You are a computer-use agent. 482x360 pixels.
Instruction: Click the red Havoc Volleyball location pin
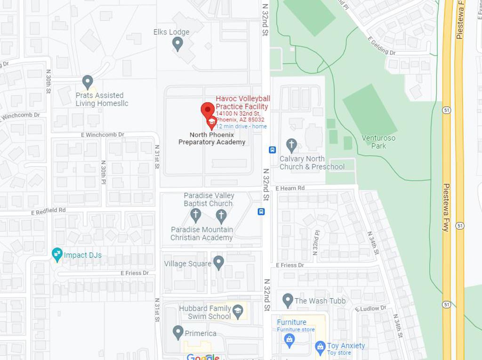[208, 111]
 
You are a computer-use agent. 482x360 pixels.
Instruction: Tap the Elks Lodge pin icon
[177, 44]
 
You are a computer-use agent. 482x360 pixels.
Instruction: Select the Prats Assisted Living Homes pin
[87, 82]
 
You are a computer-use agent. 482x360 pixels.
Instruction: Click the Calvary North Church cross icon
[291, 145]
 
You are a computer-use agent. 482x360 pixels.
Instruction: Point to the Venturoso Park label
[378, 142]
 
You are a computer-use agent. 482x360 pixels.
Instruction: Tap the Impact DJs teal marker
[57, 255]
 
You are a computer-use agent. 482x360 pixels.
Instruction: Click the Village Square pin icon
[218, 263]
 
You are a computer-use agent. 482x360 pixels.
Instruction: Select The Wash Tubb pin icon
[288, 300]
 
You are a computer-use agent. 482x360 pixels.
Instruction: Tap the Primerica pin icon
[178, 332]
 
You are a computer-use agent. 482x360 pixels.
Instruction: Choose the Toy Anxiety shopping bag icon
[320, 348]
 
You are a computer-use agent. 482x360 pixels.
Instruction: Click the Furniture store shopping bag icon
[289, 338]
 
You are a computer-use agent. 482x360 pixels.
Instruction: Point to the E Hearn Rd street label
[290, 188]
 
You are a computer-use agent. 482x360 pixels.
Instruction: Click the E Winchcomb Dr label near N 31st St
[103, 135]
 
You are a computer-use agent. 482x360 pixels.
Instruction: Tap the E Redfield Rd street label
[48, 211]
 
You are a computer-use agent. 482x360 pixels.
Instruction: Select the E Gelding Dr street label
[381, 46]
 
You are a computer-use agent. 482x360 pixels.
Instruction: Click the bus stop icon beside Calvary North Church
[272, 150]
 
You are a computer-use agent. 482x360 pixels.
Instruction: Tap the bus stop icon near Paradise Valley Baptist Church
[261, 212]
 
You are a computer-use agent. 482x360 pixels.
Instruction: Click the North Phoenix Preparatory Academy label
[212, 138]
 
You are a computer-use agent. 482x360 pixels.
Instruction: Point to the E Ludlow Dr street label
[370, 308]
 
